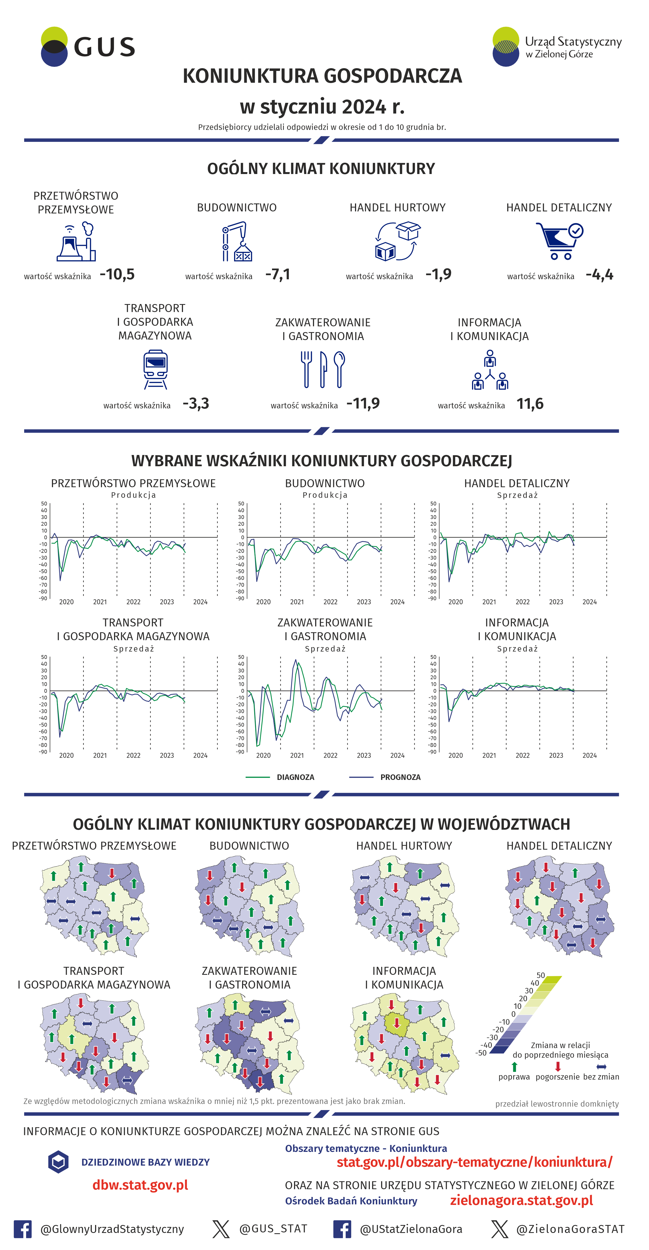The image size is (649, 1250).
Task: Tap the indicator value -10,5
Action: [117, 275]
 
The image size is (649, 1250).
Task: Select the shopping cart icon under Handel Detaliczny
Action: [559, 241]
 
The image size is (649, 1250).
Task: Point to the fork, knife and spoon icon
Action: [323, 370]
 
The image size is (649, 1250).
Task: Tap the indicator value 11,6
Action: [530, 404]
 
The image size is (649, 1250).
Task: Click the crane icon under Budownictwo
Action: [237, 242]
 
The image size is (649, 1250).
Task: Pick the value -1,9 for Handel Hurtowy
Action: [439, 275]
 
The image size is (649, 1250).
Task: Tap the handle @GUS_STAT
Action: [273, 1228]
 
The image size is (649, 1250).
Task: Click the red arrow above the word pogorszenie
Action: [558, 1066]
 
